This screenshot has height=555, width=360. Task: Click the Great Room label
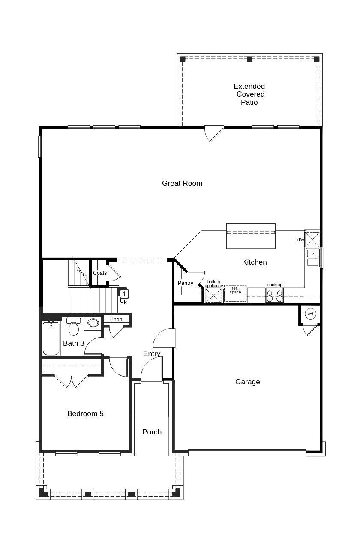click(x=182, y=183)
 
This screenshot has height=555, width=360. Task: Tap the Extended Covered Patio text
click(x=249, y=94)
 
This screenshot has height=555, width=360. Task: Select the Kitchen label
click(x=254, y=262)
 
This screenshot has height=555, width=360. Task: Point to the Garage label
click(x=247, y=382)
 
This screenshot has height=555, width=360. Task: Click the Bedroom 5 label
click(x=85, y=413)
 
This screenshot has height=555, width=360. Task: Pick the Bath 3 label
click(x=74, y=343)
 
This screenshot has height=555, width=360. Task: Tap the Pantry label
click(x=186, y=283)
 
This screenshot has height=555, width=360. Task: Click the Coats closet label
click(x=100, y=273)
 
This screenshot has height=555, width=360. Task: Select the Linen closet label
click(x=116, y=320)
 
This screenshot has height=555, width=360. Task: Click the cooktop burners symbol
click(x=274, y=296)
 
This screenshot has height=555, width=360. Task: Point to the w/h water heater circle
click(x=311, y=314)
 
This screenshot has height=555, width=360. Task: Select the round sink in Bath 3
click(x=93, y=323)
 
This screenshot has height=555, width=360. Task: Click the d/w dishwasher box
click(x=312, y=240)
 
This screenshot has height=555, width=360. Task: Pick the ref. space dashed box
click(x=235, y=293)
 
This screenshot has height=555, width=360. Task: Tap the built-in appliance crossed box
click(x=213, y=296)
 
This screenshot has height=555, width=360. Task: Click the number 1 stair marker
click(x=124, y=294)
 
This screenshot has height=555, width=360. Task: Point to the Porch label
click(x=152, y=432)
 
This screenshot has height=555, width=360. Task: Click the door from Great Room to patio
click(x=213, y=133)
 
